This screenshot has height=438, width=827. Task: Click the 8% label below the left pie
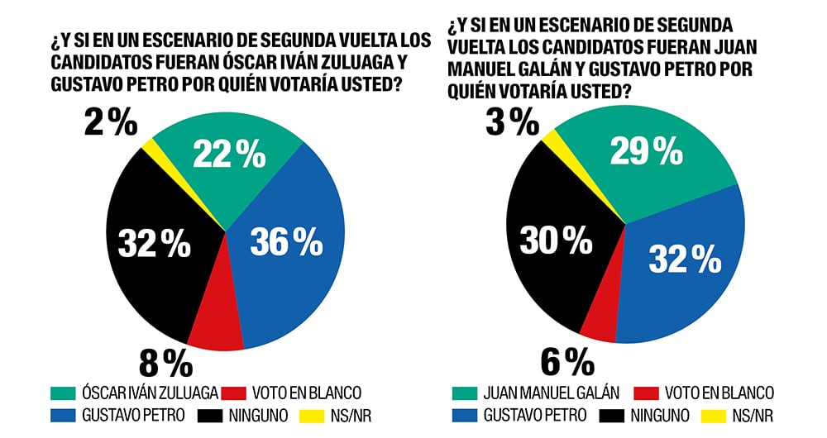[x=165, y=364]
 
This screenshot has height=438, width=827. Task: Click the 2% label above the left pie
[x=110, y=123]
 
